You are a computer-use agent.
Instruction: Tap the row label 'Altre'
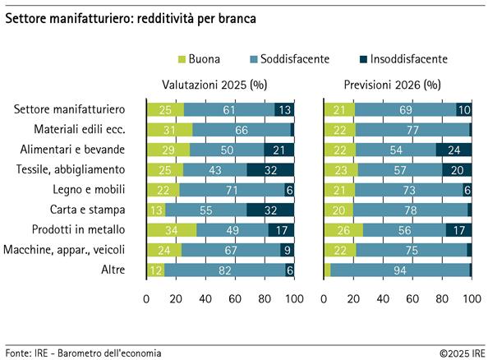tap(112, 269)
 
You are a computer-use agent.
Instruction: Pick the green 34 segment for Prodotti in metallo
tap(172, 228)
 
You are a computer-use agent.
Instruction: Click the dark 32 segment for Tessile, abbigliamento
tap(269, 169)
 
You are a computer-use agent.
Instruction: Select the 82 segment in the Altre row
tap(225, 269)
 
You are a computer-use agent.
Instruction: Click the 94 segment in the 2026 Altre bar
tap(399, 269)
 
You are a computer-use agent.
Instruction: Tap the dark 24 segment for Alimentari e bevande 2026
tap(453, 150)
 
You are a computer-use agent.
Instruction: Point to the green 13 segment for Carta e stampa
tap(156, 209)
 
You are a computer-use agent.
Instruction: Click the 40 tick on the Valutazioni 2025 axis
tap(205, 300)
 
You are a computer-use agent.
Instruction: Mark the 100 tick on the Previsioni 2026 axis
tap(472, 300)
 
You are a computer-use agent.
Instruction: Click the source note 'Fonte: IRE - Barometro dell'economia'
tap(83, 353)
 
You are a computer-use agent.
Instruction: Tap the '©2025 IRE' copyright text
tap(460, 353)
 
